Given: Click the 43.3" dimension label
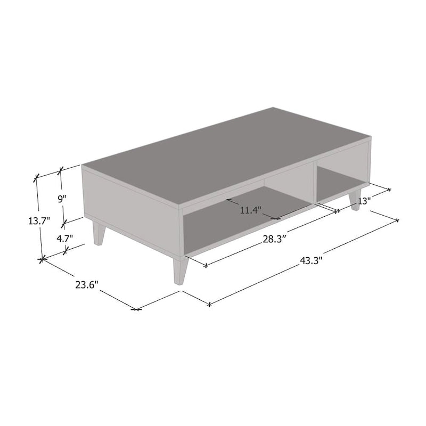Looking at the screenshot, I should point(312,260).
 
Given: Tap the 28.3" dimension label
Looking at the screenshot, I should point(275,239).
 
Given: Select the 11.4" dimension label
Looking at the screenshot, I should point(249,210).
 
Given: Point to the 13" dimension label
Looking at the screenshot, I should point(364,201).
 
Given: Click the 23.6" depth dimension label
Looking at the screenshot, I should point(87,284).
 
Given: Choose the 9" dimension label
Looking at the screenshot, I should point(62,199).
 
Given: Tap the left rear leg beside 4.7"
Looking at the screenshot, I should point(99,233).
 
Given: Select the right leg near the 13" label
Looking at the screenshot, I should point(355,200).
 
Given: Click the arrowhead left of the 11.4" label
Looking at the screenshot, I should point(228,200).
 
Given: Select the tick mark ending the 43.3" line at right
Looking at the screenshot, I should point(397,220).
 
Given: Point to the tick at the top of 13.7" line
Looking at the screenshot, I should point(36,177).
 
